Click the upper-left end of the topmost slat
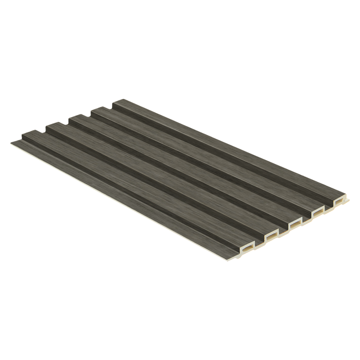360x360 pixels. pos(118,102)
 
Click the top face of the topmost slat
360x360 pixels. pos(225,144)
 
